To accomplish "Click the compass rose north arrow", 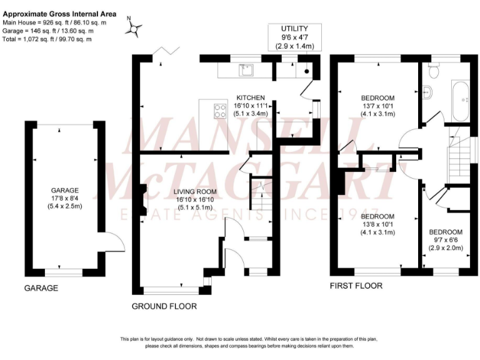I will click(136, 27).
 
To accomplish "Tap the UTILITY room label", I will click(295, 29).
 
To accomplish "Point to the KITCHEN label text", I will click(251, 98).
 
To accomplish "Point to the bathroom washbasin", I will click(427, 92).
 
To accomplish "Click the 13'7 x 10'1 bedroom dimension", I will click(378, 106).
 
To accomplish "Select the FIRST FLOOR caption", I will click(356, 286).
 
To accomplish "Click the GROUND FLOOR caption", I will click(164, 306).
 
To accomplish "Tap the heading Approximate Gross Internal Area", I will click(59, 14).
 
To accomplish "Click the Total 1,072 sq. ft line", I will click(47, 39).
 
